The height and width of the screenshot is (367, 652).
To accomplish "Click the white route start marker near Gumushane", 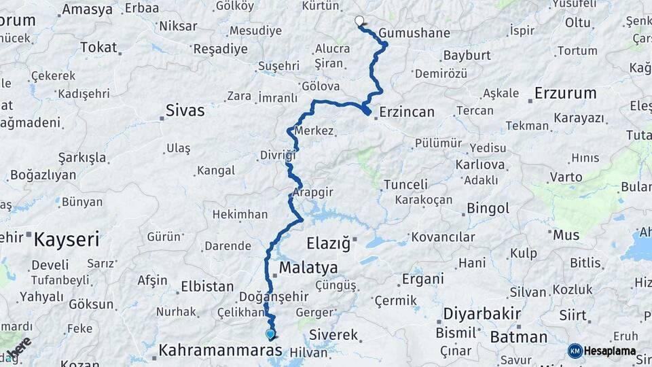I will tap(359, 21).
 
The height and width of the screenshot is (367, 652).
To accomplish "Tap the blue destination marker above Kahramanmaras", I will tap(270, 334).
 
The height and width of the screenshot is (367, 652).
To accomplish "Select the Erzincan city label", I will tap(407, 112).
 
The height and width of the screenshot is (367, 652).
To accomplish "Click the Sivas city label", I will tap(185, 110).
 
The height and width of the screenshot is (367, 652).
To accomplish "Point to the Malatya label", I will tap(308, 267).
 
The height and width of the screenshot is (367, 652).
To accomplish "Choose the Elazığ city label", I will tap(327, 242).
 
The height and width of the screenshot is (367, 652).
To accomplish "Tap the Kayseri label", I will tap(67, 239).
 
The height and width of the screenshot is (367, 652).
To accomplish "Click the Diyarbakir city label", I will tap(482, 314).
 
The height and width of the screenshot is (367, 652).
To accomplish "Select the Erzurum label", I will tap(565, 92).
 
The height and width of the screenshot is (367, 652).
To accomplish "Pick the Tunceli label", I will tap(405, 184).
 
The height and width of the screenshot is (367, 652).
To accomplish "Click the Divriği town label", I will tap(278, 156).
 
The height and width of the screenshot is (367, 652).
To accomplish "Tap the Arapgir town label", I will tap(313, 192).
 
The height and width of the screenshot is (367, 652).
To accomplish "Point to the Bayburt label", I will tap(467, 55).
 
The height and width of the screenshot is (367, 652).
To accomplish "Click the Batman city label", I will tap(518, 337).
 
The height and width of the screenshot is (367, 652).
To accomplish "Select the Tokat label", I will tap(98, 48).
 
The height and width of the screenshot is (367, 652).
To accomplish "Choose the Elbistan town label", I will tap(207, 286).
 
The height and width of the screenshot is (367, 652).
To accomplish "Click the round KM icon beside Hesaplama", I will tap(575, 351).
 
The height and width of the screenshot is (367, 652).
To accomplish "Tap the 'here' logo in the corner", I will tap(18, 349).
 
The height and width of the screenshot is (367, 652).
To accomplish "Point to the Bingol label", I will tap(492, 208).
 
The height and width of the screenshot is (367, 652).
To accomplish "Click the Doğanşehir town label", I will tap(274, 297).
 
